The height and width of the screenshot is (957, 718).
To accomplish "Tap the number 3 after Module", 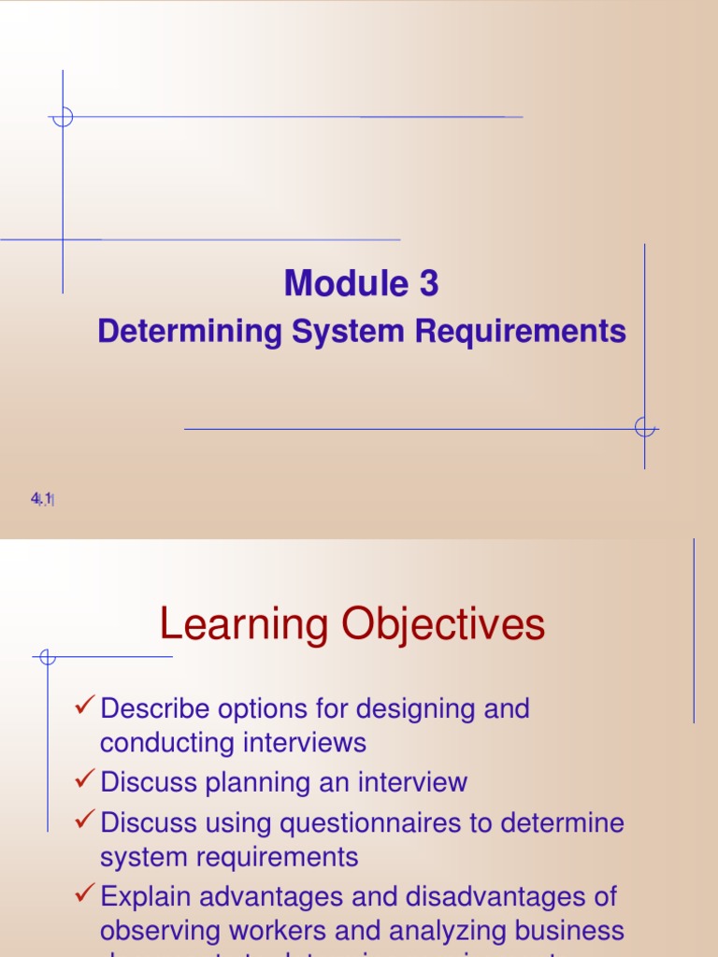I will [429, 284].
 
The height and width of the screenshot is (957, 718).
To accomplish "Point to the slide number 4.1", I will [42, 500].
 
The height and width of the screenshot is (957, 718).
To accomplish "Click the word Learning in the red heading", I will [244, 624].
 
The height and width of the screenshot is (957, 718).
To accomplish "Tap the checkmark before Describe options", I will [85, 707].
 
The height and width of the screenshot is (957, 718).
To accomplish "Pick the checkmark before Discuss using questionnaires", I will [85, 821].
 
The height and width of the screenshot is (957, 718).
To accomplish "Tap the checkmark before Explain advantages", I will [85, 895].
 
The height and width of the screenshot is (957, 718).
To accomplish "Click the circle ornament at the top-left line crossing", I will [63, 117].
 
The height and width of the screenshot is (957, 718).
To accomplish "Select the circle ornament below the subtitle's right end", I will [644, 428].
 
